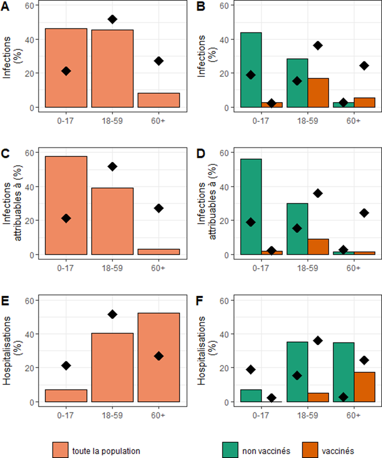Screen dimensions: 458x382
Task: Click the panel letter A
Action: tap(6, 7)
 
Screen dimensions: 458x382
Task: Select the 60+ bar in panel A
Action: tap(159, 100)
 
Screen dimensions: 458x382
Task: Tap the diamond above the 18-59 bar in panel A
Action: tap(112, 19)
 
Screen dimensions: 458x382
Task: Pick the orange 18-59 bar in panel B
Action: tap(318, 93)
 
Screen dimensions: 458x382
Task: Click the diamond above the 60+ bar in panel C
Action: tap(159, 208)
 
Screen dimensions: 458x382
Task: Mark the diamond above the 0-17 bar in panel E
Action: tap(66, 365)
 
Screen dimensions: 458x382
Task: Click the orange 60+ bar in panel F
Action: tap(364, 387)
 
